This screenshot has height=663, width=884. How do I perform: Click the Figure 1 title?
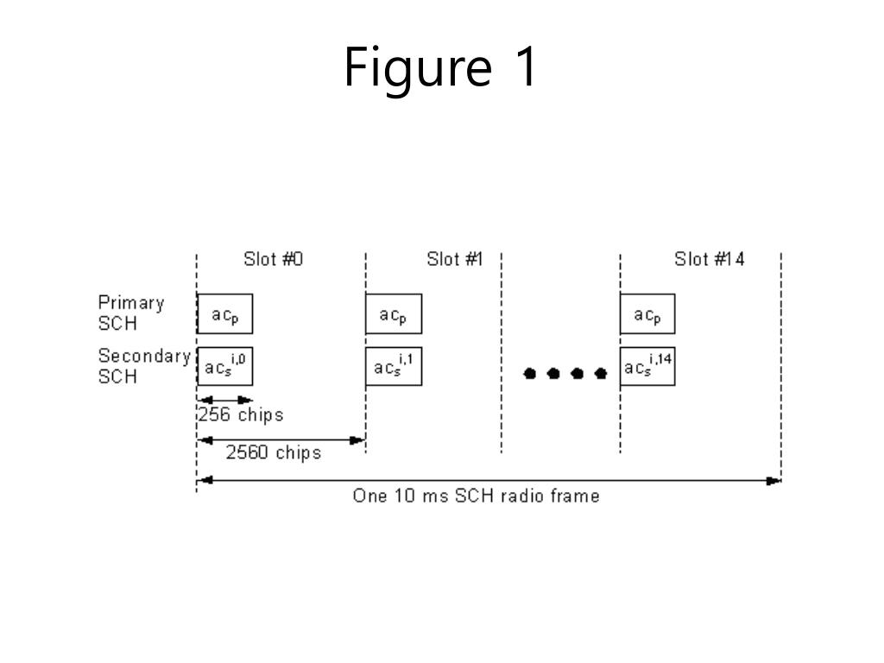click(x=441, y=67)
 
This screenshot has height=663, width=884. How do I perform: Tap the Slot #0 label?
click(x=274, y=259)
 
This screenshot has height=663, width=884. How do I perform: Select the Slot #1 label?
click(x=454, y=259)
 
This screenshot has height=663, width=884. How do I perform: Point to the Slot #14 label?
click(x=710, y=259)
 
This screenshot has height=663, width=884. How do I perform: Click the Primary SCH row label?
click(x=130, y=313)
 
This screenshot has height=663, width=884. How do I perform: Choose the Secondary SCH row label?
click(x=143, y=366)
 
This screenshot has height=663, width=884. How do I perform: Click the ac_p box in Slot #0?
click(x=224, y=314)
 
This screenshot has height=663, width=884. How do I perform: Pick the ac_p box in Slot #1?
click(x=393, y=314)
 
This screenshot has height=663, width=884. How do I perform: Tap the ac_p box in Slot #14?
click(x=647, y=314)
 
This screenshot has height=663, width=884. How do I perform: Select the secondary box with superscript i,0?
click(x=224, y=366)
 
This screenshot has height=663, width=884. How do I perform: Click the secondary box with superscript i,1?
click(x=393, y=366)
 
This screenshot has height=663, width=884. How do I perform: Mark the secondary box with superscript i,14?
click(x=647, y=366)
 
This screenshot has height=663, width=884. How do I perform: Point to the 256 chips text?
click(x=241, y=414)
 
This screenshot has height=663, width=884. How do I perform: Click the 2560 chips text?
click(x=274, y=452)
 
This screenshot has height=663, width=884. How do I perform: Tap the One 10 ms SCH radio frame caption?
click(x=476, y=496)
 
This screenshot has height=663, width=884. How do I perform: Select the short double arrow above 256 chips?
click(x=224, y=400)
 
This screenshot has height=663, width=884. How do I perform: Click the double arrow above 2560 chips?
click(x=281, y=439)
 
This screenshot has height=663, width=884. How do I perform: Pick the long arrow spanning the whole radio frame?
click(x=489, y=480)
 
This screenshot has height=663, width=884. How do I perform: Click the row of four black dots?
click(x=566, y=373)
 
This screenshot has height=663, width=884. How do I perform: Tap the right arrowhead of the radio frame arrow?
click(x=774, y=480)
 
